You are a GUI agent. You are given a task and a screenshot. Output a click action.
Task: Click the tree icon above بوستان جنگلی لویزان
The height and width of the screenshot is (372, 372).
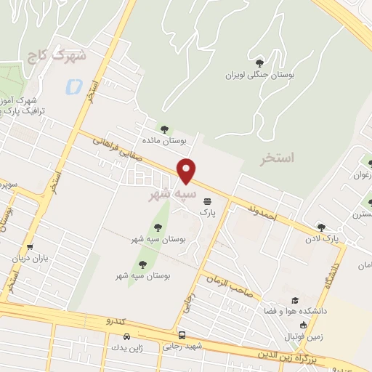click(x=260, y=62)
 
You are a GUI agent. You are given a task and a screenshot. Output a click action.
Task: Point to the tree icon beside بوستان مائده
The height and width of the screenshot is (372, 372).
click(x=163, y=129)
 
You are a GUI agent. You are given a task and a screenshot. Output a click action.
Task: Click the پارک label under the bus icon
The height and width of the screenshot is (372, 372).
click(x=209, y=213)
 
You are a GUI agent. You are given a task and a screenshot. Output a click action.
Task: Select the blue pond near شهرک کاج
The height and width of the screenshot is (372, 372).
click(x=73, y=87)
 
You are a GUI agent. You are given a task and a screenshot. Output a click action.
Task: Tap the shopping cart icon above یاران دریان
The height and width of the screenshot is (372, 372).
click(x=29, y=247)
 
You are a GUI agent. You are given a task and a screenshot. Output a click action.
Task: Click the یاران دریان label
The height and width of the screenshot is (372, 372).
click(x=28, y=259)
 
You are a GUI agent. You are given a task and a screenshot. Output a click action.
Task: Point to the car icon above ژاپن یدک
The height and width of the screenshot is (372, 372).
click(x=127, y=336)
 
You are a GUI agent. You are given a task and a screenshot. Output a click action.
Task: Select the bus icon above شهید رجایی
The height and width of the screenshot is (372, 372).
click(x=182, y=335)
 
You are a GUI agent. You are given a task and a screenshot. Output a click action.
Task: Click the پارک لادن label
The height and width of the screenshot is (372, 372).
click(x=321, y=238)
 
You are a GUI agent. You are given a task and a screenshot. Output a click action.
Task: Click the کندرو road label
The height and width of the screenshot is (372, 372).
click(x=117, y=320)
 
